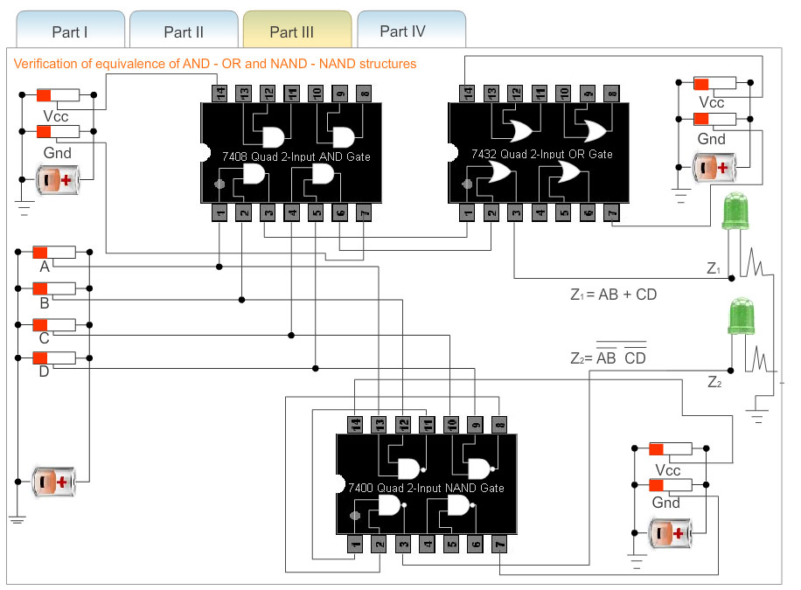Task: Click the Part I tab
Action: [x=70, y=32]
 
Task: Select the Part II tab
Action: [x=184, y=32]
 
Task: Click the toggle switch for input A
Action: [x=54, y=253]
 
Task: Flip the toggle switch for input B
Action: [x=54, y=288]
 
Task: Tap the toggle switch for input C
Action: [x=54, y=324]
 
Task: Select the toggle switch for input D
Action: [x=54, y=357]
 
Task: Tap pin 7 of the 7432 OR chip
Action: [x=611, y=211]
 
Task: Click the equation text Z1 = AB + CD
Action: [x=613, y=295]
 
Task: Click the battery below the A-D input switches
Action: [x=55, y=481]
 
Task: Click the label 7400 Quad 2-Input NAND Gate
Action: [x=426, y=488]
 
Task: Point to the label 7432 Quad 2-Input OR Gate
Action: [x=541, y=154]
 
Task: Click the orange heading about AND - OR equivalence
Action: [x=215, y=64]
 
